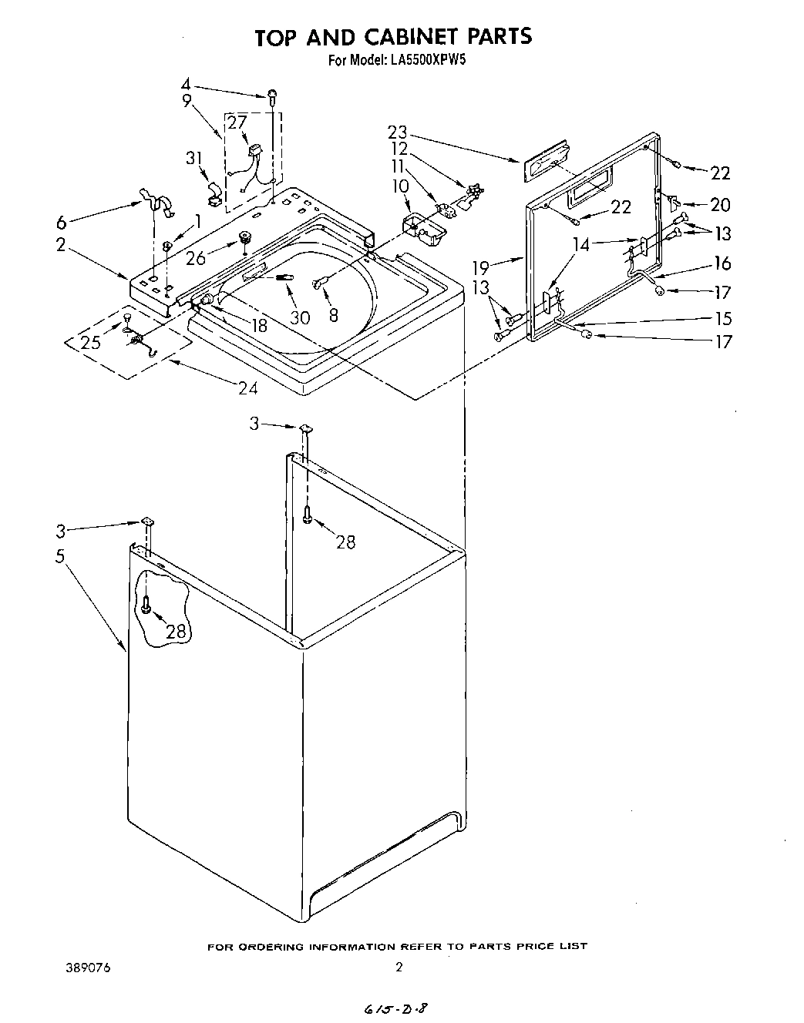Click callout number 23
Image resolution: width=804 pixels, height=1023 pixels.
click(398, 131)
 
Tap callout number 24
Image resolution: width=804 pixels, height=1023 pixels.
click(247, 388)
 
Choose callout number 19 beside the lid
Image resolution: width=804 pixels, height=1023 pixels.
click(481, 267)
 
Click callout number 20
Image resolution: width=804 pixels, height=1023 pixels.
click(720, 204)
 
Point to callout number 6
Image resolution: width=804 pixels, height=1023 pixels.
click(62, 223)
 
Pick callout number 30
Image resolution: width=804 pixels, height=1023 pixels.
click(301, 317)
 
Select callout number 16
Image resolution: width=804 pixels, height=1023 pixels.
click(722, 263)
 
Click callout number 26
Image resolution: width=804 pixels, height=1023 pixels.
click(196, 259)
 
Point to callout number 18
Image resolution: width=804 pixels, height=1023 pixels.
click(258, 325)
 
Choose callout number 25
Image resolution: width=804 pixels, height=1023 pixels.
click(91, 342)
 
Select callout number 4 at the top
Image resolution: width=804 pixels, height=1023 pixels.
click(186, 84)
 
